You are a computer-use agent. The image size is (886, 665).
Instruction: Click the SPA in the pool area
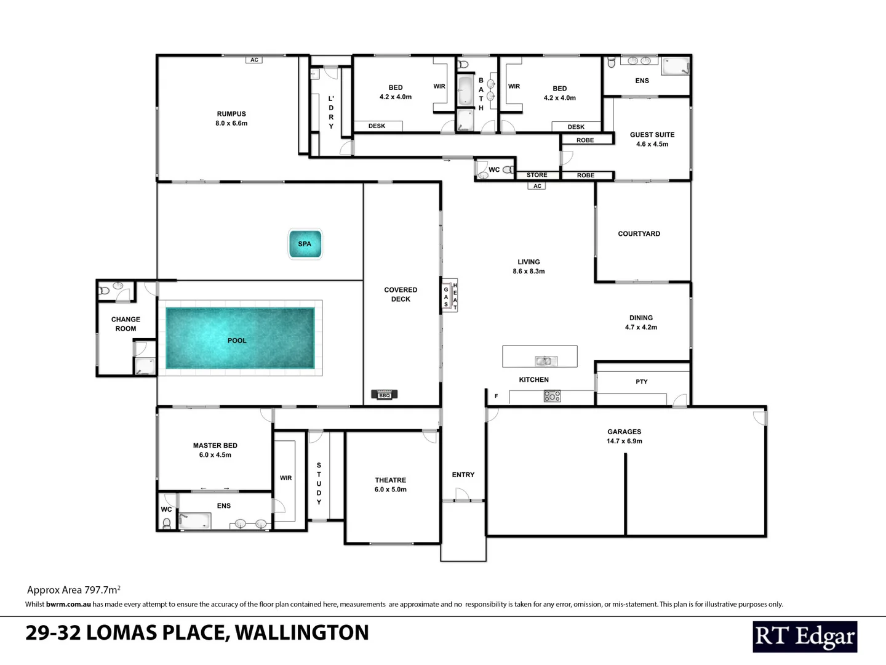coord(305,244)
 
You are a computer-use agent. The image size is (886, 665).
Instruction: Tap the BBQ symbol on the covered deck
coord(385,395)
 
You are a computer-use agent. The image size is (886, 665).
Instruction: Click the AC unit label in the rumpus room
coord(254,60)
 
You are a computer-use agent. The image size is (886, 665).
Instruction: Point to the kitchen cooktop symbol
coord(552,396)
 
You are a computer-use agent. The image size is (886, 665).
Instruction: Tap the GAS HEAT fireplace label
coord(450,296)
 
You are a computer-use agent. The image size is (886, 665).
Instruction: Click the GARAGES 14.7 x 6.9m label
coord(624,436)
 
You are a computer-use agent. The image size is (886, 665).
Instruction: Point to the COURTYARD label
coord(639,234)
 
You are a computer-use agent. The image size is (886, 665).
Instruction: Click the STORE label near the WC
coord(537,175)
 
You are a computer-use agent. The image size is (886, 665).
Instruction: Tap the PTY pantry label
coord(641,382)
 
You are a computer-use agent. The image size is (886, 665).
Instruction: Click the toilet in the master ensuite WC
coord(166,523)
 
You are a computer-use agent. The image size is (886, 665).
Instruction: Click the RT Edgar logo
coord(804,637)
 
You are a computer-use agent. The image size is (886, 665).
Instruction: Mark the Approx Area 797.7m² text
coord(74,590)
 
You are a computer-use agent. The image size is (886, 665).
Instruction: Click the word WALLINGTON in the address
coord(301,632)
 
